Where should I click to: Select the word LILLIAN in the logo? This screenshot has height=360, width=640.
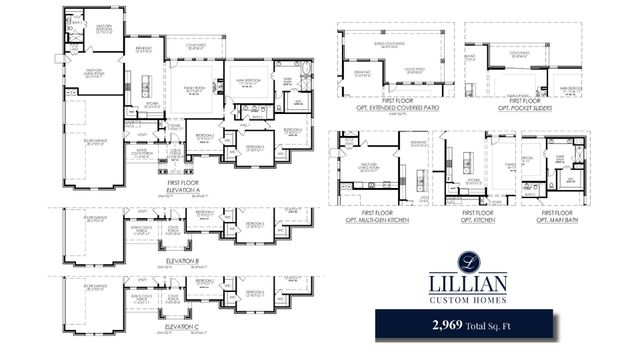pos(469,284)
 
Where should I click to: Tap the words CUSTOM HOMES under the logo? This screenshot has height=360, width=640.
pos(469,300)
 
